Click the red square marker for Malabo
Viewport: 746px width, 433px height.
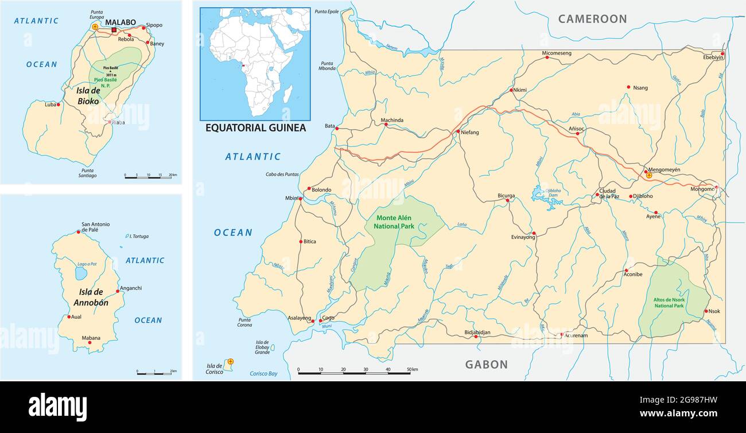[x=115, y=30]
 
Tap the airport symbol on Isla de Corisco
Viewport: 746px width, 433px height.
[x=230, y=361]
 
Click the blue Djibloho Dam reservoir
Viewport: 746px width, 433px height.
[x=541, y=195]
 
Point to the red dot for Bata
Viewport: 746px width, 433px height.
[x=337, y=129]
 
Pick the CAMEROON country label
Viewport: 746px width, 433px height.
[x=592, y=19]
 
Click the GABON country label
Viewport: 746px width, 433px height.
[x=486, y=364]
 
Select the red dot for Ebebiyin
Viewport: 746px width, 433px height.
[x=722, y=54]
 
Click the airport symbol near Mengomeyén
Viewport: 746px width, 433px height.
[x=648, y=176]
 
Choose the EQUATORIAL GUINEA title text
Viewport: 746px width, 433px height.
[x=255, y=128]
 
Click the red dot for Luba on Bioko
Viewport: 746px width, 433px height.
[x=59, y=105]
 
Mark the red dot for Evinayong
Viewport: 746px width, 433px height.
[x=534, y=233]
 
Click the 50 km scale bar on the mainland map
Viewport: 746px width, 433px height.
[x=354, y=373]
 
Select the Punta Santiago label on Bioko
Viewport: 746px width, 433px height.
[x=88, y=172]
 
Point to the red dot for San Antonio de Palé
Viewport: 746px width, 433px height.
[x=79, y=232]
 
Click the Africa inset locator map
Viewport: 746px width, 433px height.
[x=255, y=63]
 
